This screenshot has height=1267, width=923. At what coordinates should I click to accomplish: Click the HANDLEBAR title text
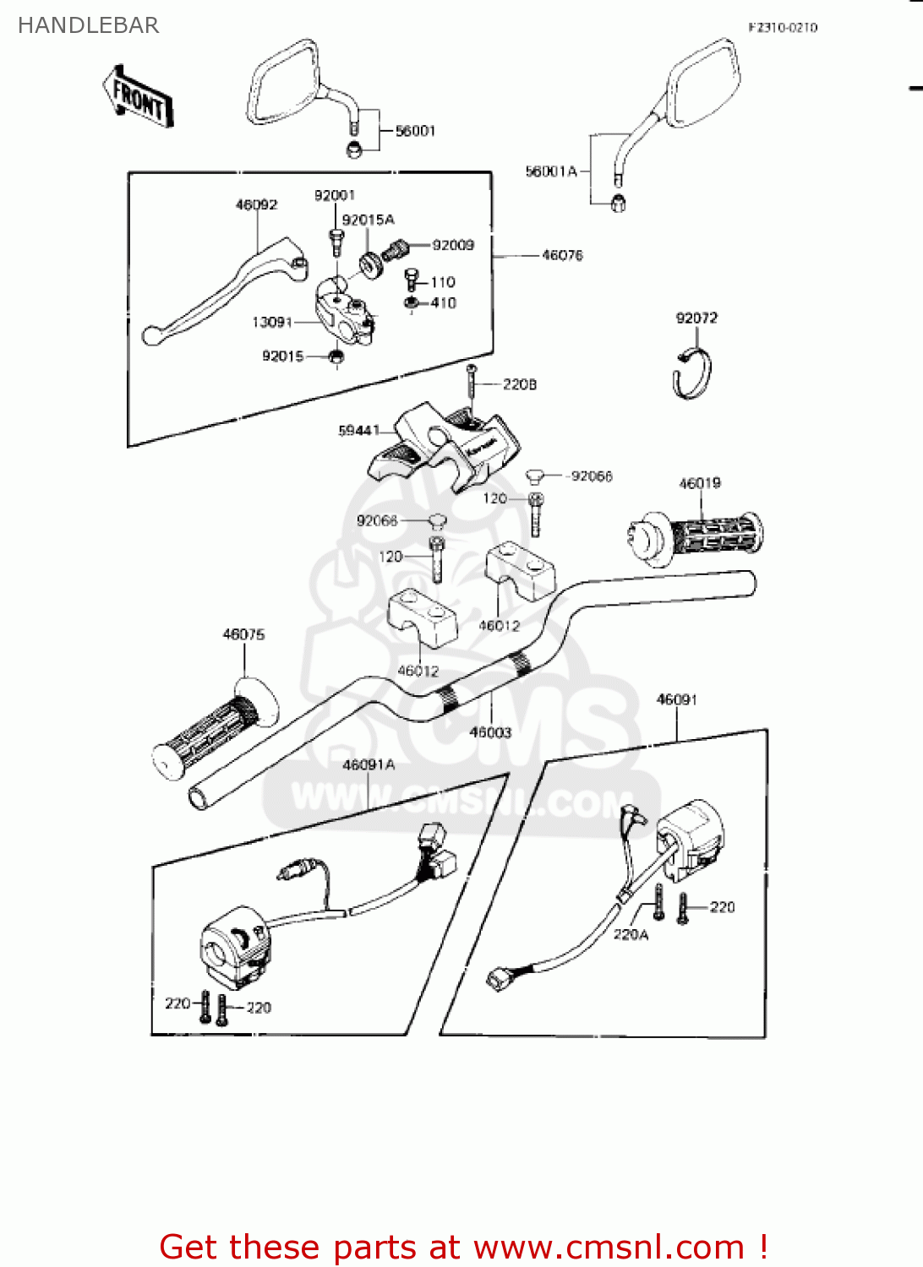[88, 25]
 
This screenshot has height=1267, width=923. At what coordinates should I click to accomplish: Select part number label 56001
[415, 131]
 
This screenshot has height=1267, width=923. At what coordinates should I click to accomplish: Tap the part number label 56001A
[551, 171]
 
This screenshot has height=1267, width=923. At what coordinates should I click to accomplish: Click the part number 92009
[453, 245]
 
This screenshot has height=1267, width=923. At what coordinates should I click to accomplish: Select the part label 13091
[272, 322]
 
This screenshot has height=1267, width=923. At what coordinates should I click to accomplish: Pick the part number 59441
[358, 431]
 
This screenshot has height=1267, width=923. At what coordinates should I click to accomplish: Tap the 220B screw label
[519, 384]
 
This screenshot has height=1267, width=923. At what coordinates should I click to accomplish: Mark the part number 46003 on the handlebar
[490, 732]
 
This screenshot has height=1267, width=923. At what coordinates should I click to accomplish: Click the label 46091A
[369, 764]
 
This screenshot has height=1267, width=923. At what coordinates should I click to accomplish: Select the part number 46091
[676, 699]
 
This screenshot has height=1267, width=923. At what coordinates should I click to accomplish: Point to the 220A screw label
[630, 934]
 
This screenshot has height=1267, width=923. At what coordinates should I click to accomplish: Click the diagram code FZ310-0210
[783, 27]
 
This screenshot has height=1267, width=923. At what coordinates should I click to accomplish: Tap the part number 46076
[562, 255]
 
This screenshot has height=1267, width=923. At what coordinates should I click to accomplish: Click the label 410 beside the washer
[443, 302]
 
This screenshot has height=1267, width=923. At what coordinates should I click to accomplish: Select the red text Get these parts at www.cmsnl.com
[463, 1247]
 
